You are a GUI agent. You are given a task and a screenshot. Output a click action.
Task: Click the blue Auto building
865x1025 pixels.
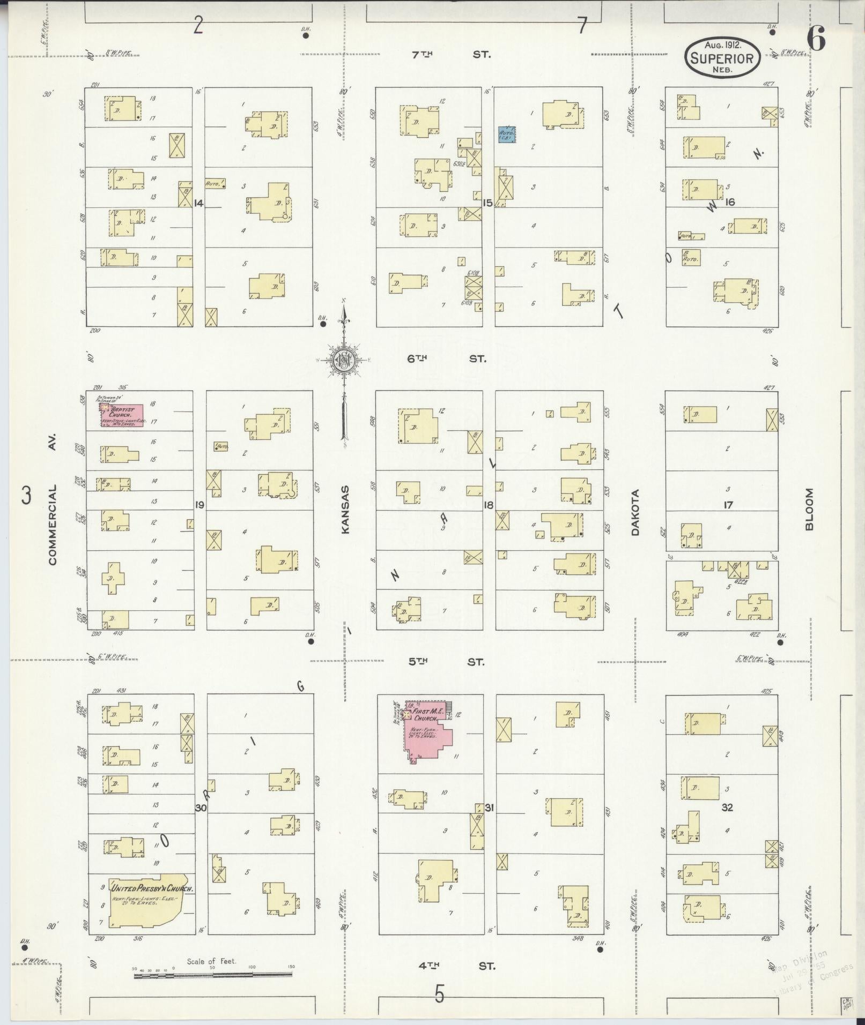pos(507,134)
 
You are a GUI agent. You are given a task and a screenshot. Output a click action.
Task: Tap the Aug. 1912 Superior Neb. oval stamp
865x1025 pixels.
pos(722,57)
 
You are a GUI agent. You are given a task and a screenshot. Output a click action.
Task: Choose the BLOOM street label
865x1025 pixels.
pos(809,509)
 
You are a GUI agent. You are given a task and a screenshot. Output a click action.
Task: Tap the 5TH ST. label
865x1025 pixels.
pos(446,662)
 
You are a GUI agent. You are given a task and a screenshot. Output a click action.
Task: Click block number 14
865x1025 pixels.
pos(199,203)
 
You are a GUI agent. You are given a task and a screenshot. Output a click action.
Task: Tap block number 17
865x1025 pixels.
pos(728,505)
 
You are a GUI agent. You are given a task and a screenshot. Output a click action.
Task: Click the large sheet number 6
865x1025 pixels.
pos(816,40)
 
